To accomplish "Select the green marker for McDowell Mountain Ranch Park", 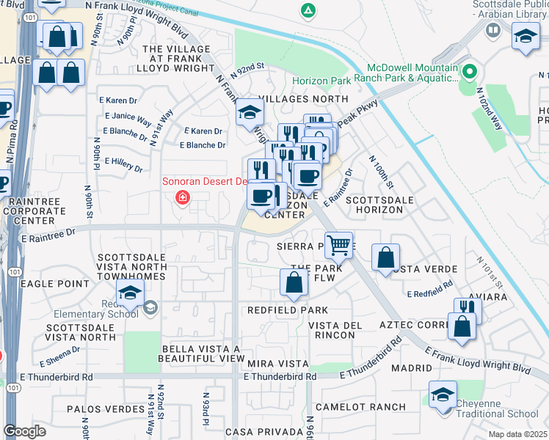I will [470, 72].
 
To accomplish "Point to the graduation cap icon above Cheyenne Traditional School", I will [443, 395].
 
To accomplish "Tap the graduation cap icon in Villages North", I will [250, 112].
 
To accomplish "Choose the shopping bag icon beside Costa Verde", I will [385, 257].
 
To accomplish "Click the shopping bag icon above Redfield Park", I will [294, 282].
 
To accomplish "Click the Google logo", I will [24, 431].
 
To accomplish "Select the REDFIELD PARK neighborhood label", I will [288, 310].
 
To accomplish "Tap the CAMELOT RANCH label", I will [360, 406].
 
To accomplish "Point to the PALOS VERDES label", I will [105, 408].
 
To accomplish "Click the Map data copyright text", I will [518, 434].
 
